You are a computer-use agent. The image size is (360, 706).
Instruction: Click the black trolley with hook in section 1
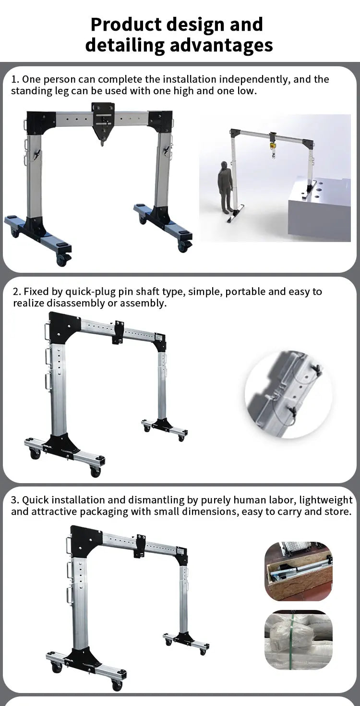[103, 120]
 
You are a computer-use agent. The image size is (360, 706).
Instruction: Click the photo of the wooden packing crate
[299, 572]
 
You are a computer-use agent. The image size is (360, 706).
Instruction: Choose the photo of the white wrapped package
[299, 639]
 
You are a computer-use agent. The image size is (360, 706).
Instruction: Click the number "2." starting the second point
[17, 292]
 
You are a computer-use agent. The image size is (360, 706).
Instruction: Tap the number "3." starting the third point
[15, 500]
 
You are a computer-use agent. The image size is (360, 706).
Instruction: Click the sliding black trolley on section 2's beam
[118, 332]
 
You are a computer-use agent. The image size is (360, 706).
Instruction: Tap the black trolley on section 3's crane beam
[140, 546]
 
